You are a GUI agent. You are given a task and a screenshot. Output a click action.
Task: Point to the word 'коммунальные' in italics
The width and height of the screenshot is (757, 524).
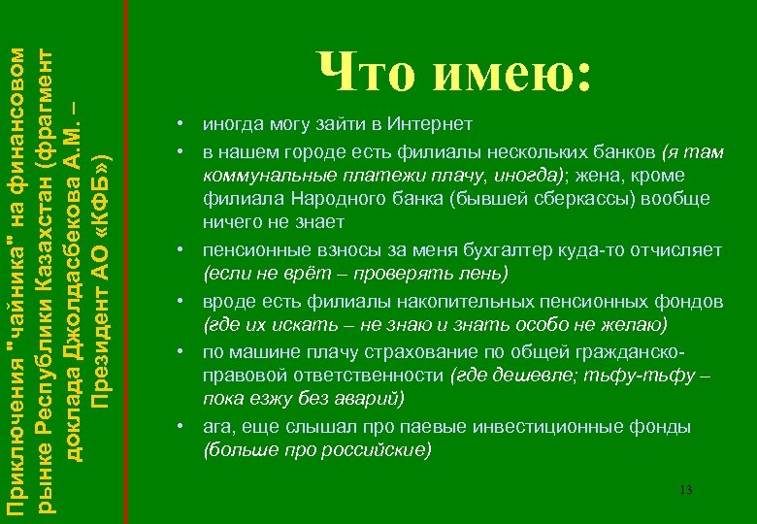pos(258,175)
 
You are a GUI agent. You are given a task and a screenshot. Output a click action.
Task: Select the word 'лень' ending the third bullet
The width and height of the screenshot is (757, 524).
pos(487,275)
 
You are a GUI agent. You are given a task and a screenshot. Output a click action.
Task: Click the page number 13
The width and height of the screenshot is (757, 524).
pos(685,489)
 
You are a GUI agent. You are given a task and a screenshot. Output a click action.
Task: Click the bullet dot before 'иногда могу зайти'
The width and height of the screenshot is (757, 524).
pos(181,125)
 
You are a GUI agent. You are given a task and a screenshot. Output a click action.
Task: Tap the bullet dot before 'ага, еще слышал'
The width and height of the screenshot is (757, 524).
pos(181,427)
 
